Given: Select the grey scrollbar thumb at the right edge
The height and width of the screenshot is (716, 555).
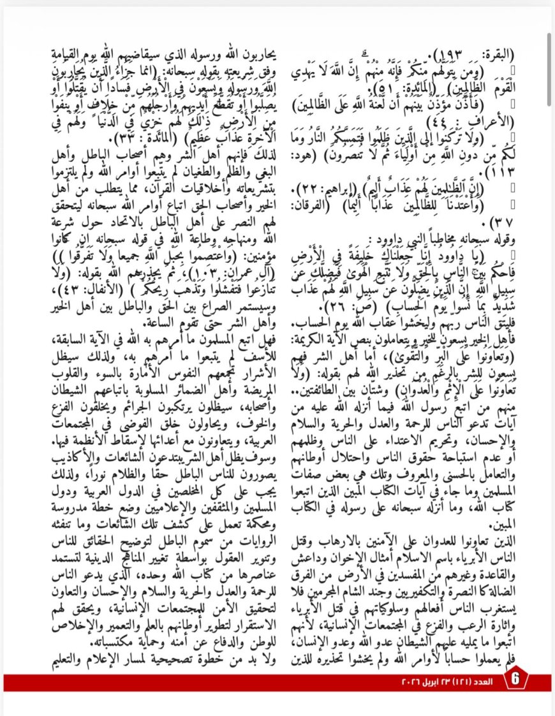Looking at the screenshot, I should [x=549, y=48].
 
